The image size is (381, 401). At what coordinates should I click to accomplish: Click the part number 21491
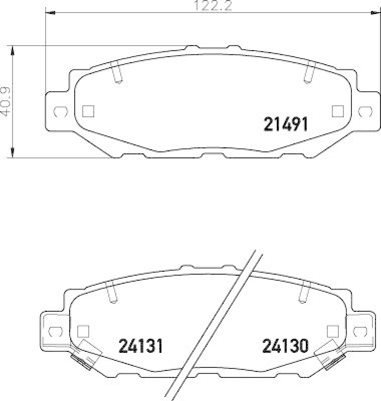point(285,124)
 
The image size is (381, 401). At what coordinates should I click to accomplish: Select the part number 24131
point(141,345)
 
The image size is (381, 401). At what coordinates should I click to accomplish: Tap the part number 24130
point(285,345)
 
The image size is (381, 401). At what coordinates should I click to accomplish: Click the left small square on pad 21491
point(89,111)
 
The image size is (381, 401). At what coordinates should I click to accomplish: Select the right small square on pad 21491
point(337,111)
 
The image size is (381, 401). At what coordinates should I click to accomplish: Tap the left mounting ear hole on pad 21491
point(59,111)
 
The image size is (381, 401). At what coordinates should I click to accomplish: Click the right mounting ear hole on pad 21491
point(365,111)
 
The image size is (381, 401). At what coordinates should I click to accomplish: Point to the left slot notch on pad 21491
point(117,74)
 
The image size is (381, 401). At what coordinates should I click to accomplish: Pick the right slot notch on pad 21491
point(308,74)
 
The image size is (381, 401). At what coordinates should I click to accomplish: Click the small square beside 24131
point(83,331)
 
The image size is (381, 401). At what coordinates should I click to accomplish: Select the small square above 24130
point(331,331)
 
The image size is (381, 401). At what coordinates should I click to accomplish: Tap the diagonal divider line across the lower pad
point(216,326)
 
